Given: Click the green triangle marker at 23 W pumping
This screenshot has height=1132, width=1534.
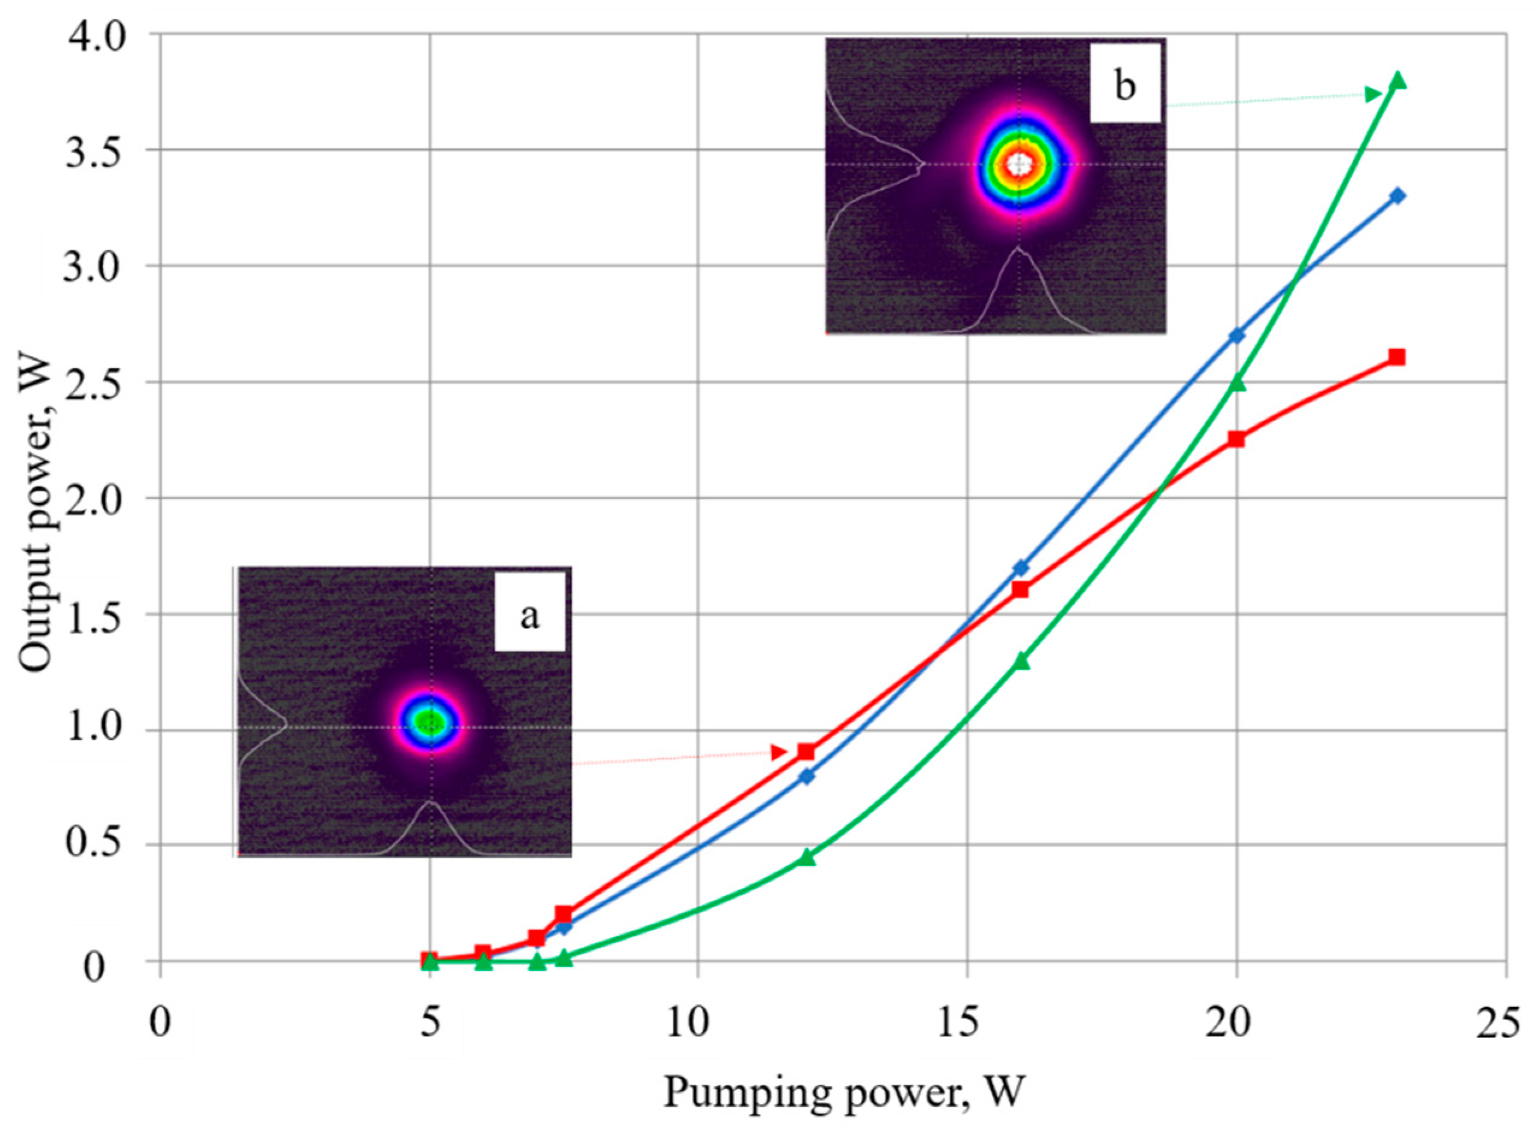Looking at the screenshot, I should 1397,81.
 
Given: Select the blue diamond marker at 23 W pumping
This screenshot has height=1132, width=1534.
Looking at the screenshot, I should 1397,196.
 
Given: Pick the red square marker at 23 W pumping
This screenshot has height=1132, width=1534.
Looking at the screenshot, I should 1396,357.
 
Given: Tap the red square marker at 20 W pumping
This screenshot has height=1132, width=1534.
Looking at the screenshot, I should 1236,439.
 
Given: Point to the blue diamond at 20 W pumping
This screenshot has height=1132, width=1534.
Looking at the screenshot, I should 1237,336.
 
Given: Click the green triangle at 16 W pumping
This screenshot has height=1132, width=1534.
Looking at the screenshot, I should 1021,661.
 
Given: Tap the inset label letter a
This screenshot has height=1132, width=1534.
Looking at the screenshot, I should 529,616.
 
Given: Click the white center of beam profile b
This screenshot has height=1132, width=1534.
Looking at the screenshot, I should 1020,164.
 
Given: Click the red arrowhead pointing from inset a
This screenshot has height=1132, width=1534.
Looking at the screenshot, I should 778,752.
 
